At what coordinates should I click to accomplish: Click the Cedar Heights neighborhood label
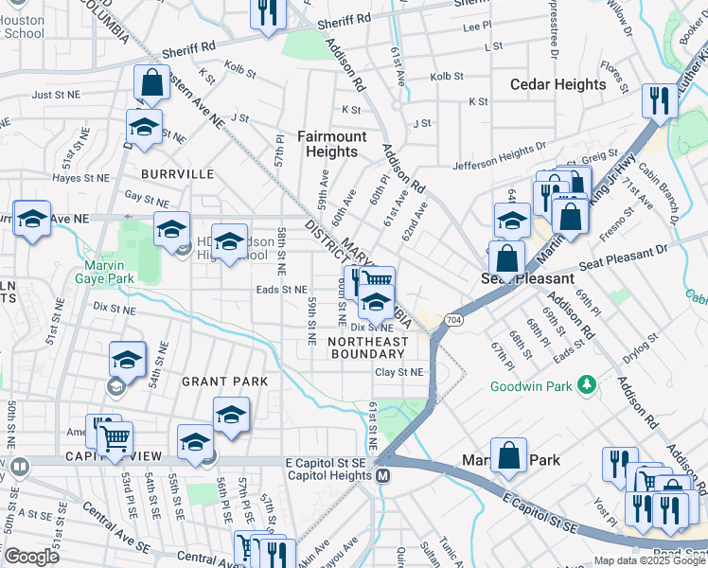[x=558, y=84]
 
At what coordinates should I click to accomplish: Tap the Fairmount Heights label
[x=331, y=144]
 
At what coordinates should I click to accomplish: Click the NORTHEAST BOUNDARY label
[x=369, y=347]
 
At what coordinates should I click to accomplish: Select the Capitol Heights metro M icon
[x=383, y=475]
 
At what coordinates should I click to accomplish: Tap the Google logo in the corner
[x=31, y=557]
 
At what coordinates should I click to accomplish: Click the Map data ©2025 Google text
[x=648, y=560]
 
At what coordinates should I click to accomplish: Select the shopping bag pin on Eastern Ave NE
[x=151, y=85]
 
